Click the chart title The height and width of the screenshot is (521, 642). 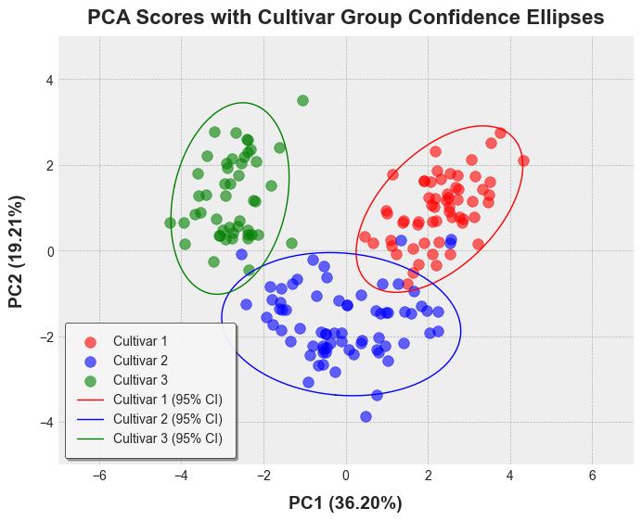point(345,18)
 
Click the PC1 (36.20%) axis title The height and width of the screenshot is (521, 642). point(345,503)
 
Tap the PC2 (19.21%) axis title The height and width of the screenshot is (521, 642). point(16,251)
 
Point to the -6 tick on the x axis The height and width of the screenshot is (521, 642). point(99,476)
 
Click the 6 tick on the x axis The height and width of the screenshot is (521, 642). point(592,476)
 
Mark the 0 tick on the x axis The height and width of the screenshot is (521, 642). point(346,476)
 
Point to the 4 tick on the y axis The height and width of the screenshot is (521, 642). point(48,81)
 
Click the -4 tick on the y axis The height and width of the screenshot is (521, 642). point(45,423)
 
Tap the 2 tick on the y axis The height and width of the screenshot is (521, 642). point(48,166)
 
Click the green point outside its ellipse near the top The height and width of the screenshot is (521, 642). point(302,100)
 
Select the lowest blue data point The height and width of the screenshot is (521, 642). point(366,416)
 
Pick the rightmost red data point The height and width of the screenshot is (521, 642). point(523,160)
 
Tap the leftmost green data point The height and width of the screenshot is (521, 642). point(170,222)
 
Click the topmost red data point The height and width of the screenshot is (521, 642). point(500,133)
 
